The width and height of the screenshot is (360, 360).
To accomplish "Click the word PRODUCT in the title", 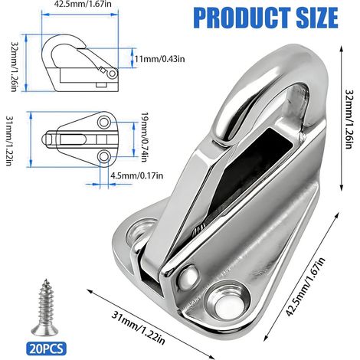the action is [242, 18].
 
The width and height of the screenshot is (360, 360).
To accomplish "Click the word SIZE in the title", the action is [317, 18].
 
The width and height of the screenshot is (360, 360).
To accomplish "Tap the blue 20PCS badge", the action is [46, 349].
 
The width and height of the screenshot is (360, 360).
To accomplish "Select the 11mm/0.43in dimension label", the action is [159, 59].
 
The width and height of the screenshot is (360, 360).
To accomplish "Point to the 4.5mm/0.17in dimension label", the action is [136, 175].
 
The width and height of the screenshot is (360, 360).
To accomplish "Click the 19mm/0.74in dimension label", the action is [144, 137].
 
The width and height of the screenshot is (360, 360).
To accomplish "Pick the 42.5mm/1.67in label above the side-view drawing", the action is [83, 4].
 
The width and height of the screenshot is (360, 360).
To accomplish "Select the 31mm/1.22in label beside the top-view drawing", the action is [9, 141].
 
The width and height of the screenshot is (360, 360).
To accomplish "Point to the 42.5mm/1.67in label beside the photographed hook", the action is [306, 287].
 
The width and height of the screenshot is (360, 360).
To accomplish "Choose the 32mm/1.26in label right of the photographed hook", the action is [349, 119].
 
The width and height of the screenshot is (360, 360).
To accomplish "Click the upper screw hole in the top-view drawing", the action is [104, 123].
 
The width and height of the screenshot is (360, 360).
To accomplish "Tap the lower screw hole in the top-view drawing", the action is [104, 156].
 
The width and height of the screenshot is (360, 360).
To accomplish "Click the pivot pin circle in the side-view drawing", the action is [112, 74].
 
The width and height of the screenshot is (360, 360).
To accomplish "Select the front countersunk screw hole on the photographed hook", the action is [228, 302].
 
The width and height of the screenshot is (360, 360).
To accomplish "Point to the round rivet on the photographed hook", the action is [188, 275].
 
